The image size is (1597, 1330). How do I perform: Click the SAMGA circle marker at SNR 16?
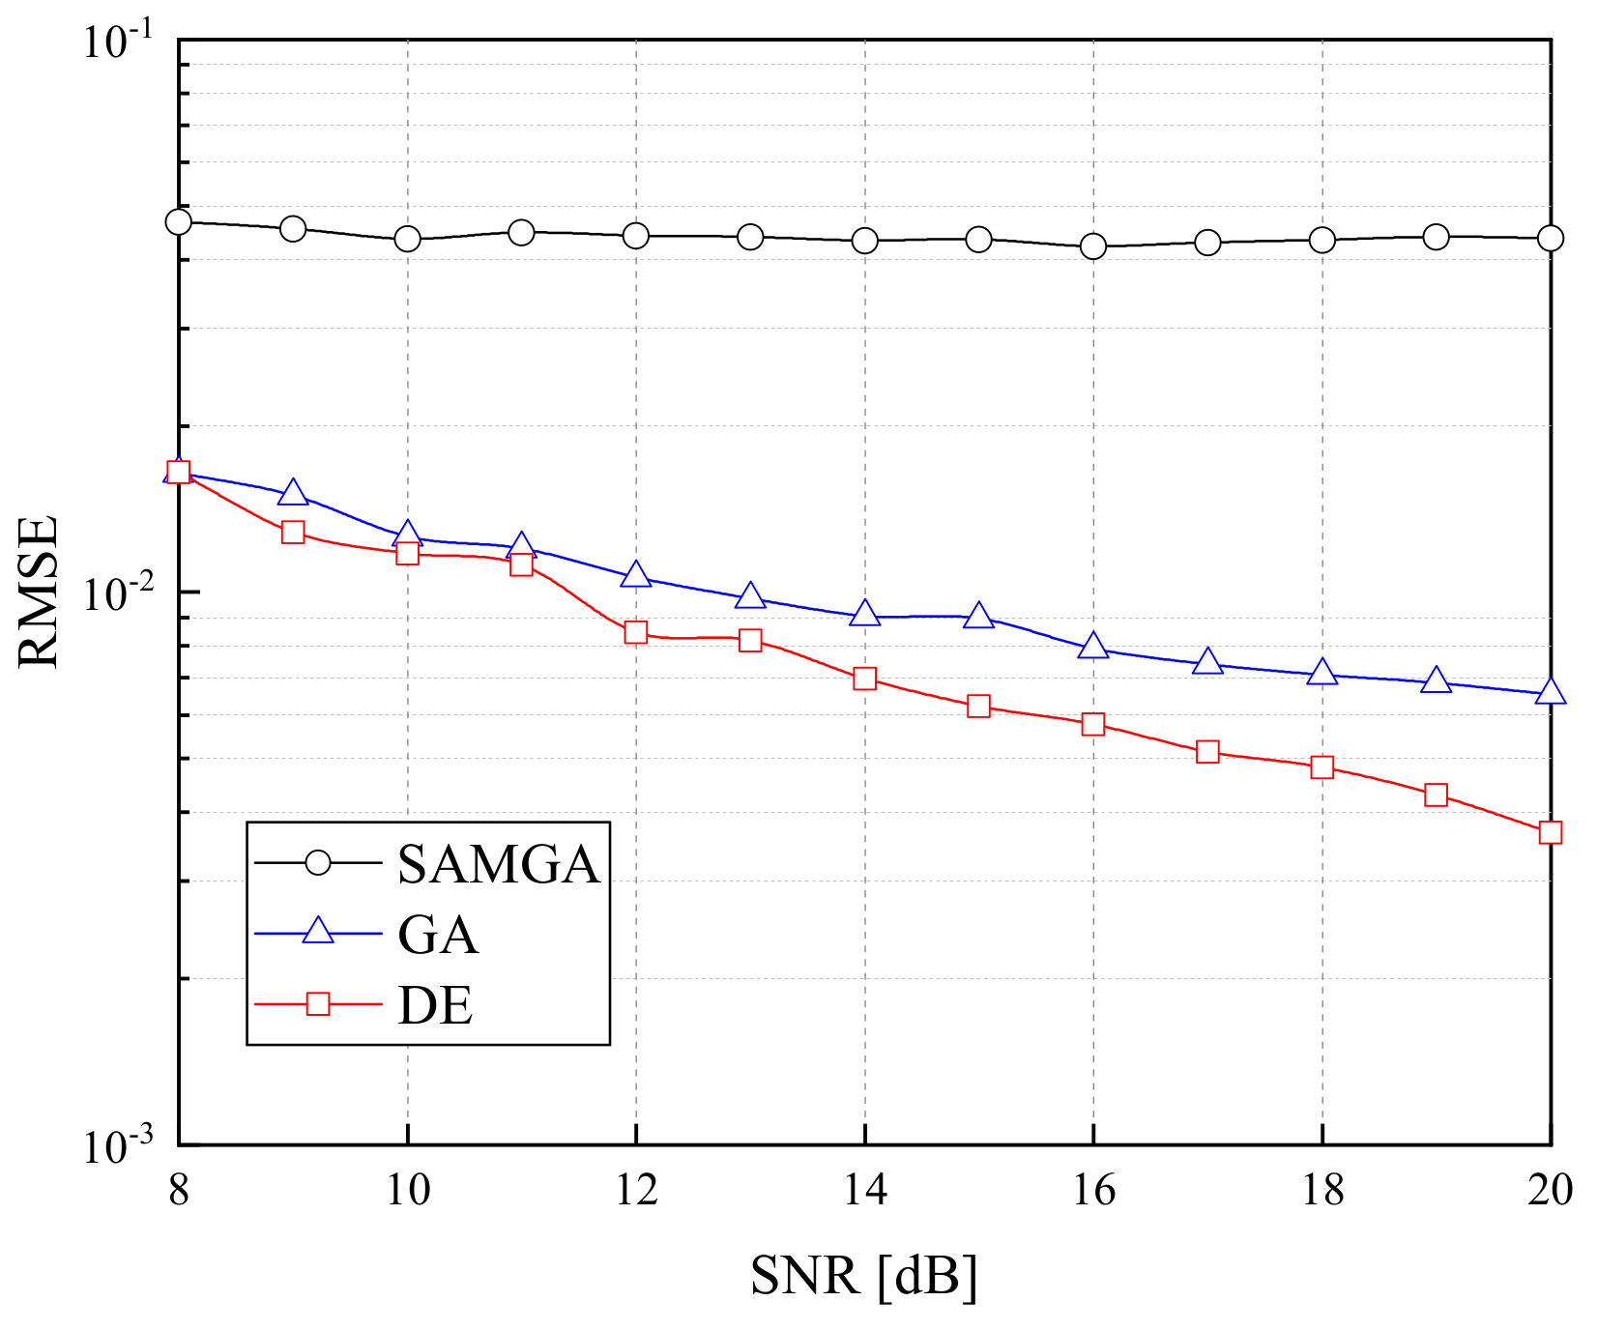pos(1093,246)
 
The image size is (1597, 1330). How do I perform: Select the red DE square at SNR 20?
pos(1550,832)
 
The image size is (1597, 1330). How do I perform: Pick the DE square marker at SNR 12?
pos(636,632)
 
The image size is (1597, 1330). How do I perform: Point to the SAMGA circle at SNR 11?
pos(522,232)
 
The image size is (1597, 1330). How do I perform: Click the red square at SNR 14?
pos(865,679)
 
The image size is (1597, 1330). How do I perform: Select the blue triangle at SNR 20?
pos(1550,691)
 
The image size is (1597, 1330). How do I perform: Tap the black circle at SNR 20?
pos(1550,238)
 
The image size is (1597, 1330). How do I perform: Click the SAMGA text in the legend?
pos(499,864)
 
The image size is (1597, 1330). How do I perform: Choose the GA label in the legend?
pos(438,935)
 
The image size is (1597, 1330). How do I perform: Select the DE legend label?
pos(435,1006)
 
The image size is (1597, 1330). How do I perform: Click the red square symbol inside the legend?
pos(318,1004)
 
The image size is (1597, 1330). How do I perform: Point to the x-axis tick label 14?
pos(865,1190)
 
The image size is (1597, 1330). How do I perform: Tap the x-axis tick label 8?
pos(179,1190)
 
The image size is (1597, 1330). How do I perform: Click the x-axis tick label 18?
pos(1322,1190)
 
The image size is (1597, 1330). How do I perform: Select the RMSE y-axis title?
pos(40,592)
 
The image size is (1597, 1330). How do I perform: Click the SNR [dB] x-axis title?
pos(864,1277)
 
